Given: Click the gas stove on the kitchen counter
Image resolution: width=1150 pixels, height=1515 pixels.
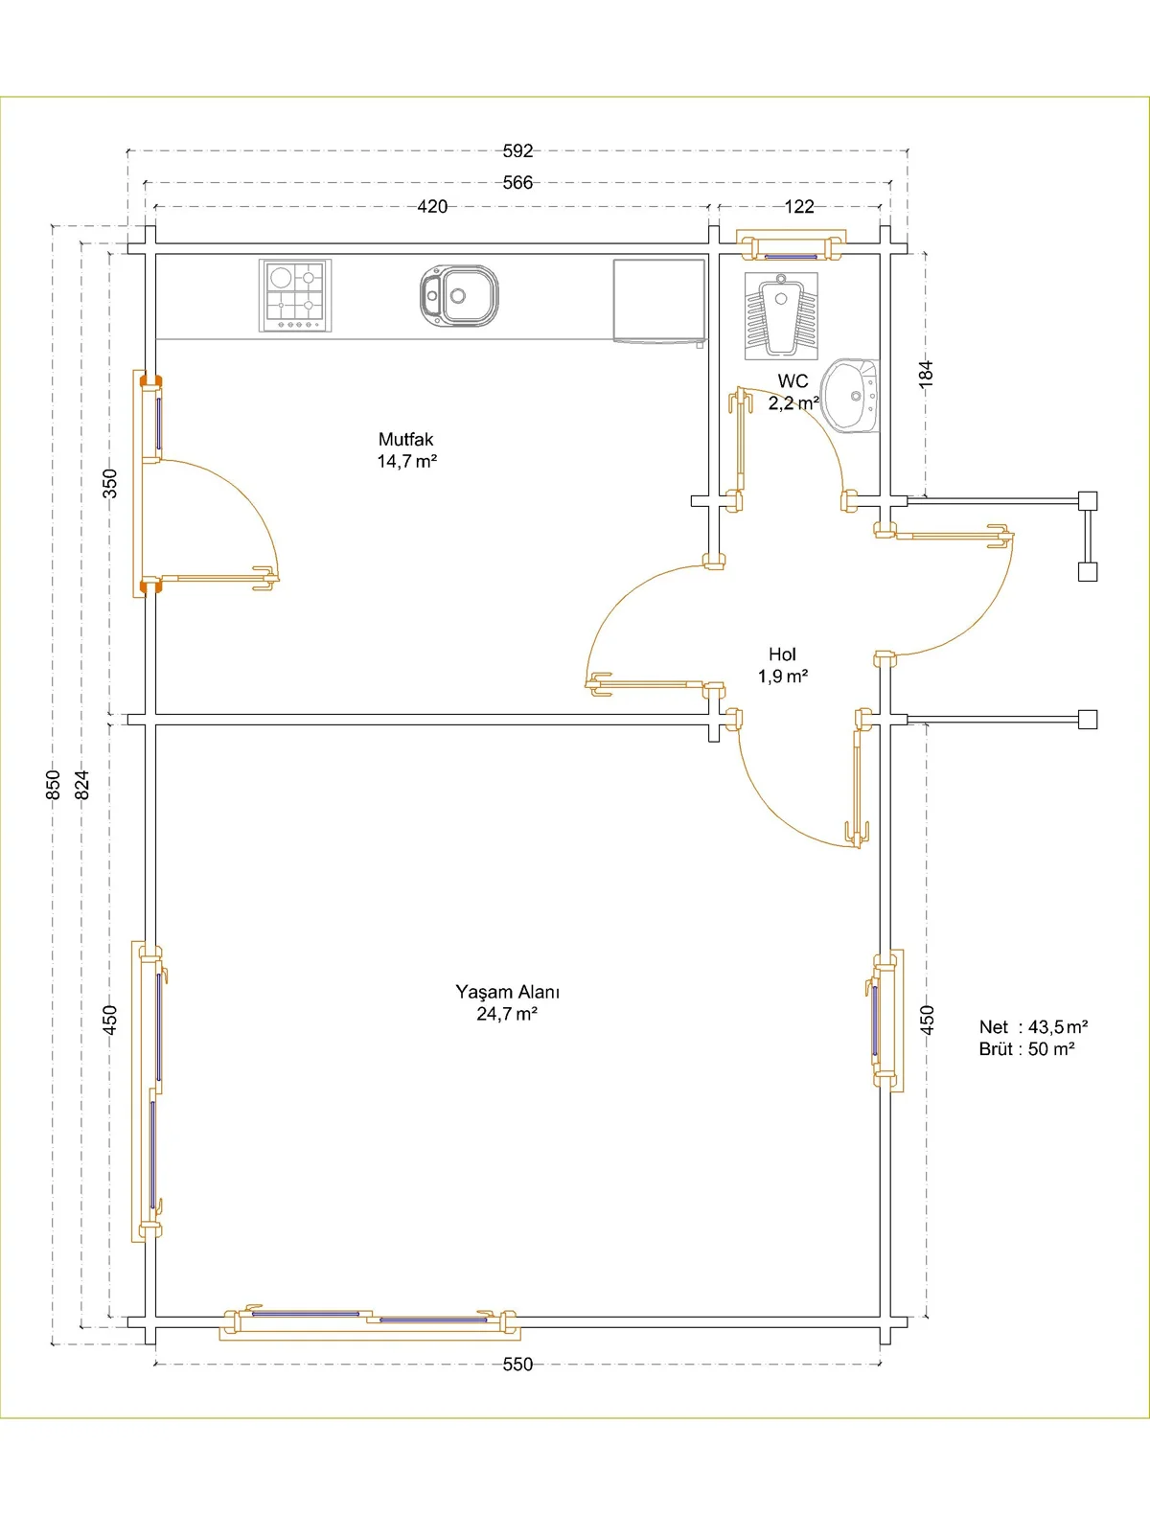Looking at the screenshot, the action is (x=295, y=295).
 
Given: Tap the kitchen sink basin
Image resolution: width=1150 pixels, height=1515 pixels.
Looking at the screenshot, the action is (x=459, y=296).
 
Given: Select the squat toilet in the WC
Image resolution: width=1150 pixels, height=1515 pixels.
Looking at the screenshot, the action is (x=781, y=316).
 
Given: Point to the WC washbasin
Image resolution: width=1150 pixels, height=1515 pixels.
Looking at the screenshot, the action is (x=850, y=396).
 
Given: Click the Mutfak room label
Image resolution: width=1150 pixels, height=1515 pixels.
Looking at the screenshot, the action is (x=406, y=439).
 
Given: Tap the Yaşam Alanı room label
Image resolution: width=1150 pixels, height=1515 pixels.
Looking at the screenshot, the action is (x=507, y=992).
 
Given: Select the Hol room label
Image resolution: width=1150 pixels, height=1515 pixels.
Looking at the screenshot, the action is (x=782, y=654).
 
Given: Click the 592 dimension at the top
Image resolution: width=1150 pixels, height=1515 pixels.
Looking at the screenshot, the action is (x=517, y=150).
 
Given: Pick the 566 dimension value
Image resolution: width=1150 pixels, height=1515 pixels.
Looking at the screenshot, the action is (x=517, y=182).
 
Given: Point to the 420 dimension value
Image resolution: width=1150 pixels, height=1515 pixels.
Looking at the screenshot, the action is (x=432, y=206).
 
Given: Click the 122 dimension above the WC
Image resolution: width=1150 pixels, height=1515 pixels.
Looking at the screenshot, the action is (x=799, y=206).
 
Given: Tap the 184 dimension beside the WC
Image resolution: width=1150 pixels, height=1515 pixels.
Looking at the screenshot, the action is (x=927, y=374).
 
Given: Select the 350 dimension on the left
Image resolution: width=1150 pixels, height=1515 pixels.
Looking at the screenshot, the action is (x=110, y=483).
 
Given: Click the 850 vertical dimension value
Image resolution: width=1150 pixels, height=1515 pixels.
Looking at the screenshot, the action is (x=53, y=785).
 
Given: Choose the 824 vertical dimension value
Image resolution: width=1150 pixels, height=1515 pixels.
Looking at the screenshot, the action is (x=82, y=785).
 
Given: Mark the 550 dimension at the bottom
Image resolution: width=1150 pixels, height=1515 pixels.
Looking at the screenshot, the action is (x=517, y=1365).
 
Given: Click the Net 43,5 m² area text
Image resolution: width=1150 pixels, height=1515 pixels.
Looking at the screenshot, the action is (x=1033, y=1026).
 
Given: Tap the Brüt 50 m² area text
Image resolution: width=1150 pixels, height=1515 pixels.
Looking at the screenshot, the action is (x=1027, y=1049).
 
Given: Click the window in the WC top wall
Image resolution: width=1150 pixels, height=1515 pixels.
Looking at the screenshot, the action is (x=791, y=245).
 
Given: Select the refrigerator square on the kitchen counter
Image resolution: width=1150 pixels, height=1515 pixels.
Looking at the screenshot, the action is (x=659, y=300).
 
